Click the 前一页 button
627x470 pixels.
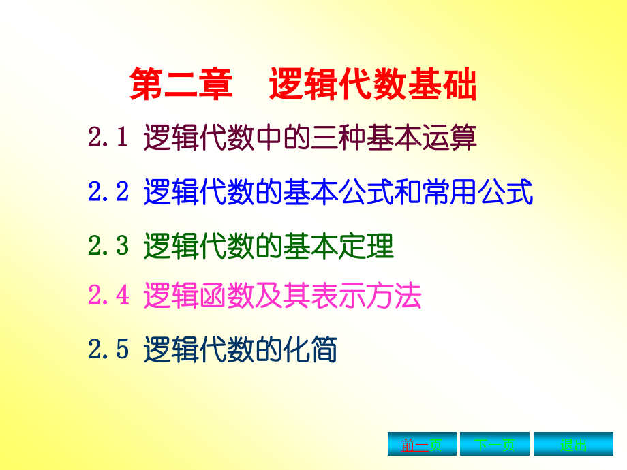point(422,445)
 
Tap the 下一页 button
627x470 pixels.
point(495,445)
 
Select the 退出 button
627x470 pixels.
point(573,445)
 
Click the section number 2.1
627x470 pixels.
point(108,138)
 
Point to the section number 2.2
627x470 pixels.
point(108,193)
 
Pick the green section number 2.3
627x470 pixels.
point(108,247)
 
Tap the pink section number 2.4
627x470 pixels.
point(108,296)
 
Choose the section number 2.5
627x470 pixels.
point(108,350)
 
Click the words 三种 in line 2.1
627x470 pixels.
point(338,138)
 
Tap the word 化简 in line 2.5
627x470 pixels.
point(310,350)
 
